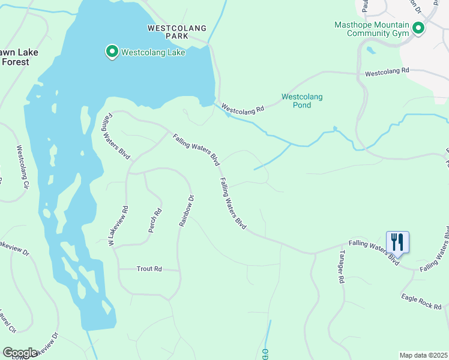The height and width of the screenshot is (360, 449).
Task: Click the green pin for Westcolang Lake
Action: point(112,52)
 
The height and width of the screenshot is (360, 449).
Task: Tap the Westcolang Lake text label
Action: point(153,52)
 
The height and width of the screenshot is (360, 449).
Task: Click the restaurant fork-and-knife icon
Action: point(397,241)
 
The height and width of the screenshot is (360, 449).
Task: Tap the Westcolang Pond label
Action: point(302,101)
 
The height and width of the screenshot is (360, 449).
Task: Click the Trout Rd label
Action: point(149,269)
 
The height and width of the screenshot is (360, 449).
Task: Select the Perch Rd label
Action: point(155,221)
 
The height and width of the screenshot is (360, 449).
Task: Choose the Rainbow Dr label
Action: point(187,211)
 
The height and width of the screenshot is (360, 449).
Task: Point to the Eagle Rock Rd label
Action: point(421,301)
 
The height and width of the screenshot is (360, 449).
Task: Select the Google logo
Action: point(20,352)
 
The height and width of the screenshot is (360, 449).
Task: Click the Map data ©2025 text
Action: point(423,355)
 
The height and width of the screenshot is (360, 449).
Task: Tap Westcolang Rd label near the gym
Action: point(387,73)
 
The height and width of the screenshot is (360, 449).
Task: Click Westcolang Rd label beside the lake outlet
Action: point(243,109)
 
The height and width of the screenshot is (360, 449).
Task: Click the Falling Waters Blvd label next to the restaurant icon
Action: point(374,250)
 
